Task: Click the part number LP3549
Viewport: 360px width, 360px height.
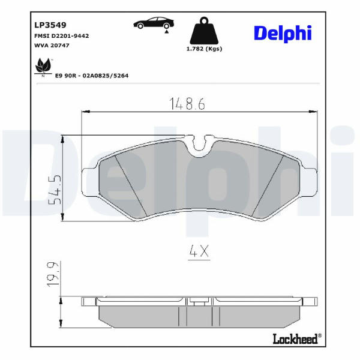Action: pyautogui.click(x=50, y=25)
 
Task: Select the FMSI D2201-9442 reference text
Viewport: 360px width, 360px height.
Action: pyautogui.click(x=62, y=36)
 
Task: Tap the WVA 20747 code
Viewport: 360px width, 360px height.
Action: pyautogui.click(x=52, y=46)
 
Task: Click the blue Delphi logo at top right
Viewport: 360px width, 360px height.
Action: pyautogui.click(x=283, y=34)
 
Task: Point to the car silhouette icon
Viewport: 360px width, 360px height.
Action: pyautogui.click(x=154, y=23)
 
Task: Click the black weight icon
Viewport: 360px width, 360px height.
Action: pyautogui.click(x=204, y=31)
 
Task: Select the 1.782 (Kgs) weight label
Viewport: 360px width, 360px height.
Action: pyautogui.click(x=204, y=49)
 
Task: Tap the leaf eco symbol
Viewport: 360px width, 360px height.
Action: pyautogui.click(x=43, y=67)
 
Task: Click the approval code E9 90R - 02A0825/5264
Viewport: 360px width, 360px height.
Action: pyautogui.click(x=92, y=76)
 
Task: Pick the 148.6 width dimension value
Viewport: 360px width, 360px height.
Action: pyautogui.click(x=187, y=103)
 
